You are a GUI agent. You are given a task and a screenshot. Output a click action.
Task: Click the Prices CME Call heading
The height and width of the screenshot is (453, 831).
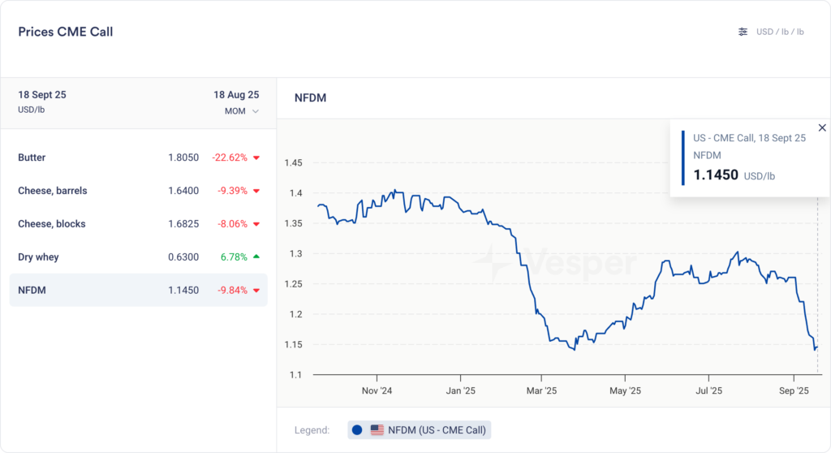[x=66, y=32]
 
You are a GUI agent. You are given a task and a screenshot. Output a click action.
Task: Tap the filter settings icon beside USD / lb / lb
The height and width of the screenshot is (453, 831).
[x=743, y=32]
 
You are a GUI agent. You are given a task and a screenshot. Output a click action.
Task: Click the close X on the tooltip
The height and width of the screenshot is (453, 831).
[x=822, y=127]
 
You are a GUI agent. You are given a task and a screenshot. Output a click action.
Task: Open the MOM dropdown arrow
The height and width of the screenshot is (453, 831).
[x=256, y=111]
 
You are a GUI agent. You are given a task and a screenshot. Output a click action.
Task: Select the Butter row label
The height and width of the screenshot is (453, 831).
[x=32, y=157]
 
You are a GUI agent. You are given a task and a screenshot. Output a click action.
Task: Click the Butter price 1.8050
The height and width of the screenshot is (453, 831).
[x=183, y=157]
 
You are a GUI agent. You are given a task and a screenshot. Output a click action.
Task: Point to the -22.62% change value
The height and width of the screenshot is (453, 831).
[x=230, y=157]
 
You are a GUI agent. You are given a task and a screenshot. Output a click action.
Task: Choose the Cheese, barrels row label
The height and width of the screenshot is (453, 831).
[x=53, y=191]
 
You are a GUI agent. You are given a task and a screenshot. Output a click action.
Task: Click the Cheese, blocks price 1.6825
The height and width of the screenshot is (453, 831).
[x=183, y=224]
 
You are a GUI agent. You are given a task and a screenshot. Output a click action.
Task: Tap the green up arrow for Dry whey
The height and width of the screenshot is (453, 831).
[x=256, y=257]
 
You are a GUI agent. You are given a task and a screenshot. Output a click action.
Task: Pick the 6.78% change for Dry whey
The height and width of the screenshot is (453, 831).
[x=234, y=257]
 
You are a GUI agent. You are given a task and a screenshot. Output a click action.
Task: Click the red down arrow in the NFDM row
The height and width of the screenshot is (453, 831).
[x=256, y=291]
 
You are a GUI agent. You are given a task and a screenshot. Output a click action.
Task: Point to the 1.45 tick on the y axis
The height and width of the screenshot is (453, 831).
[x=293, y=163]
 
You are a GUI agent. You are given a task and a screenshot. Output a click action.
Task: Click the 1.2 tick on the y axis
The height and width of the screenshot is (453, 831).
[x=296, y=314]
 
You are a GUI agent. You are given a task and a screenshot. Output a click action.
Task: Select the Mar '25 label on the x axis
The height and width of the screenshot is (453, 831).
[x=542, y=390]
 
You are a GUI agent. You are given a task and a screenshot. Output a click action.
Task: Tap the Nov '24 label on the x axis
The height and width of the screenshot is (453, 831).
[x=377, y=390]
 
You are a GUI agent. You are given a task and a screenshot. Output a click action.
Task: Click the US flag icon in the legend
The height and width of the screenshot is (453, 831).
[x=377, y=429]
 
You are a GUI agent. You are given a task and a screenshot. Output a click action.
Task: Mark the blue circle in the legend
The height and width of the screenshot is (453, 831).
[x=357, y=429]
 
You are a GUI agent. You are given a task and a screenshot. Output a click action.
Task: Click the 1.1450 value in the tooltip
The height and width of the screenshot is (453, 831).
[x=716, y=175]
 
